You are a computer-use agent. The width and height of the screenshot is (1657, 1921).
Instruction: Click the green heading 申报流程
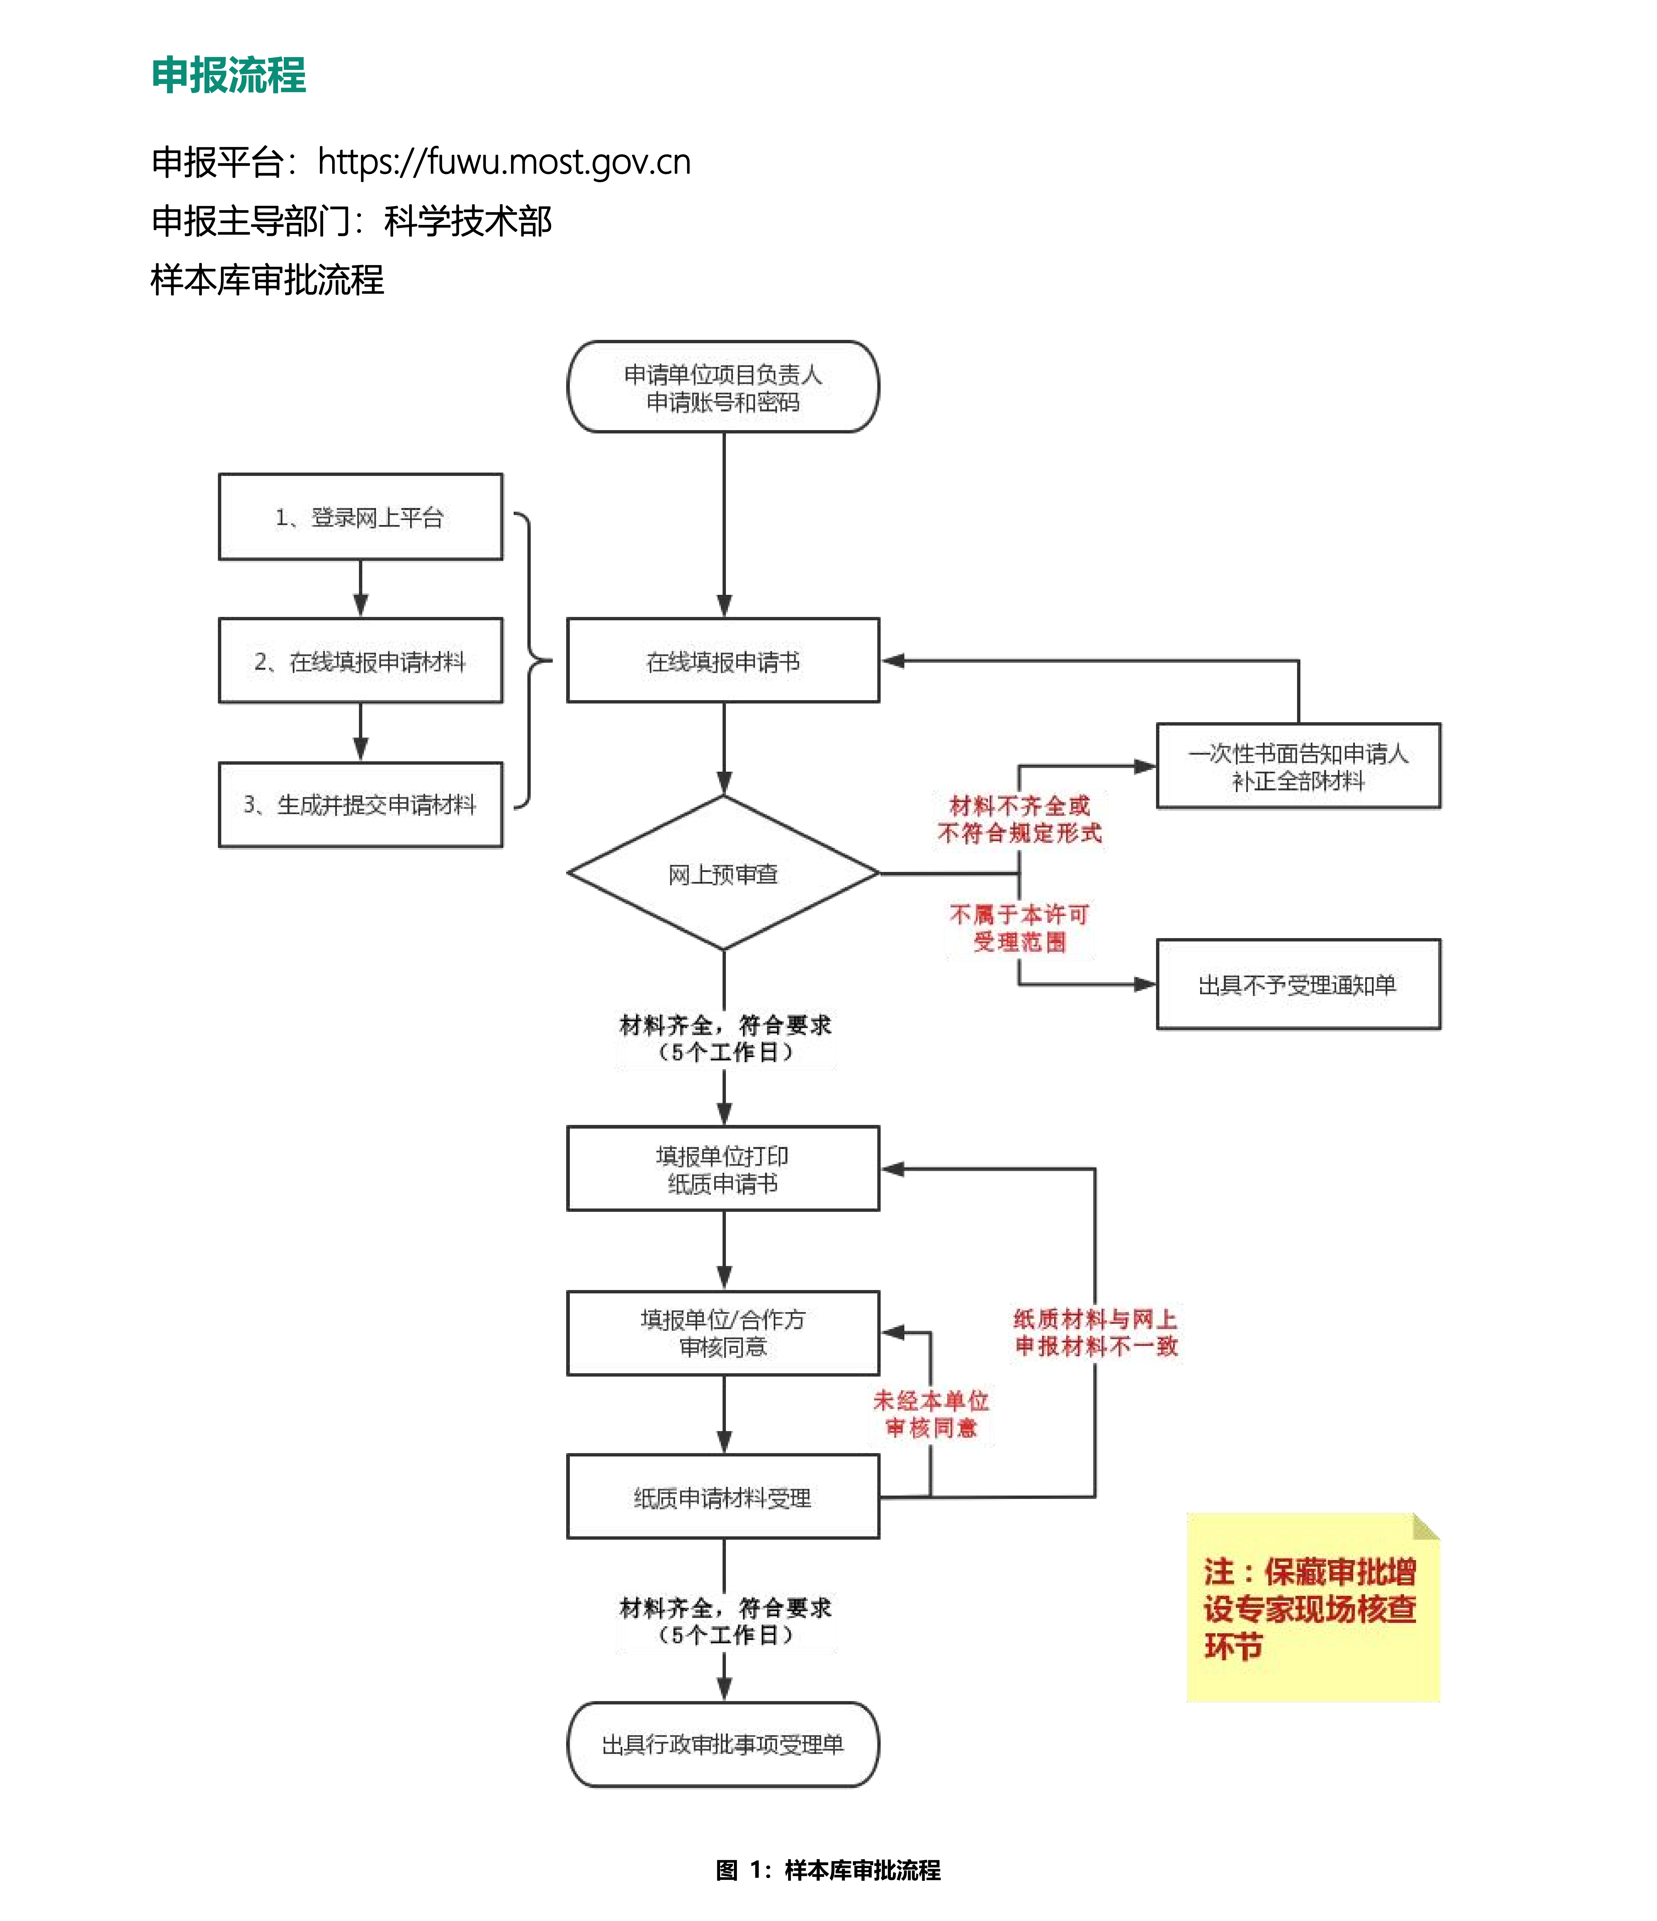[228, 75]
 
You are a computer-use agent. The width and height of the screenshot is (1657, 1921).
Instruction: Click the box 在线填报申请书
[723, 661]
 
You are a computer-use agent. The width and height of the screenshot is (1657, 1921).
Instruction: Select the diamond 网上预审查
[723, 873]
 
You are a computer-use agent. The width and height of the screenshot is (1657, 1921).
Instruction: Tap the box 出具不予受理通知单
[1298, 985]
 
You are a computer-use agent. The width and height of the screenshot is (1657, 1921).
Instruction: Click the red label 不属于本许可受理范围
[1019, 928]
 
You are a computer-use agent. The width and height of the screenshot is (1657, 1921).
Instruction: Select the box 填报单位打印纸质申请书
[723, 1169]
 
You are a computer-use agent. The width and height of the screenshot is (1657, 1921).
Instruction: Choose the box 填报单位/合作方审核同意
[723, 1333]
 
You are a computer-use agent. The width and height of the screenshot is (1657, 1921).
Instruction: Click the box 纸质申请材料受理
[723, 1497]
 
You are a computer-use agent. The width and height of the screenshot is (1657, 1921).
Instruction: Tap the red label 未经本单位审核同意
[931, 1414]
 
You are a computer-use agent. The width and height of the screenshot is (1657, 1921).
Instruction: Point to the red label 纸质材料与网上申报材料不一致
[1095, 1332]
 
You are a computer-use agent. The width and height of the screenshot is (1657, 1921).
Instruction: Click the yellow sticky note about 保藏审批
[1312, 1609]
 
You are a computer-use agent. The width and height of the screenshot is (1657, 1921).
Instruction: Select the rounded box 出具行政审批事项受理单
[723, 1745]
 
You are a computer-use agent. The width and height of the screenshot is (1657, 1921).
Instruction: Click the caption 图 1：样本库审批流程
[828, 1870]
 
